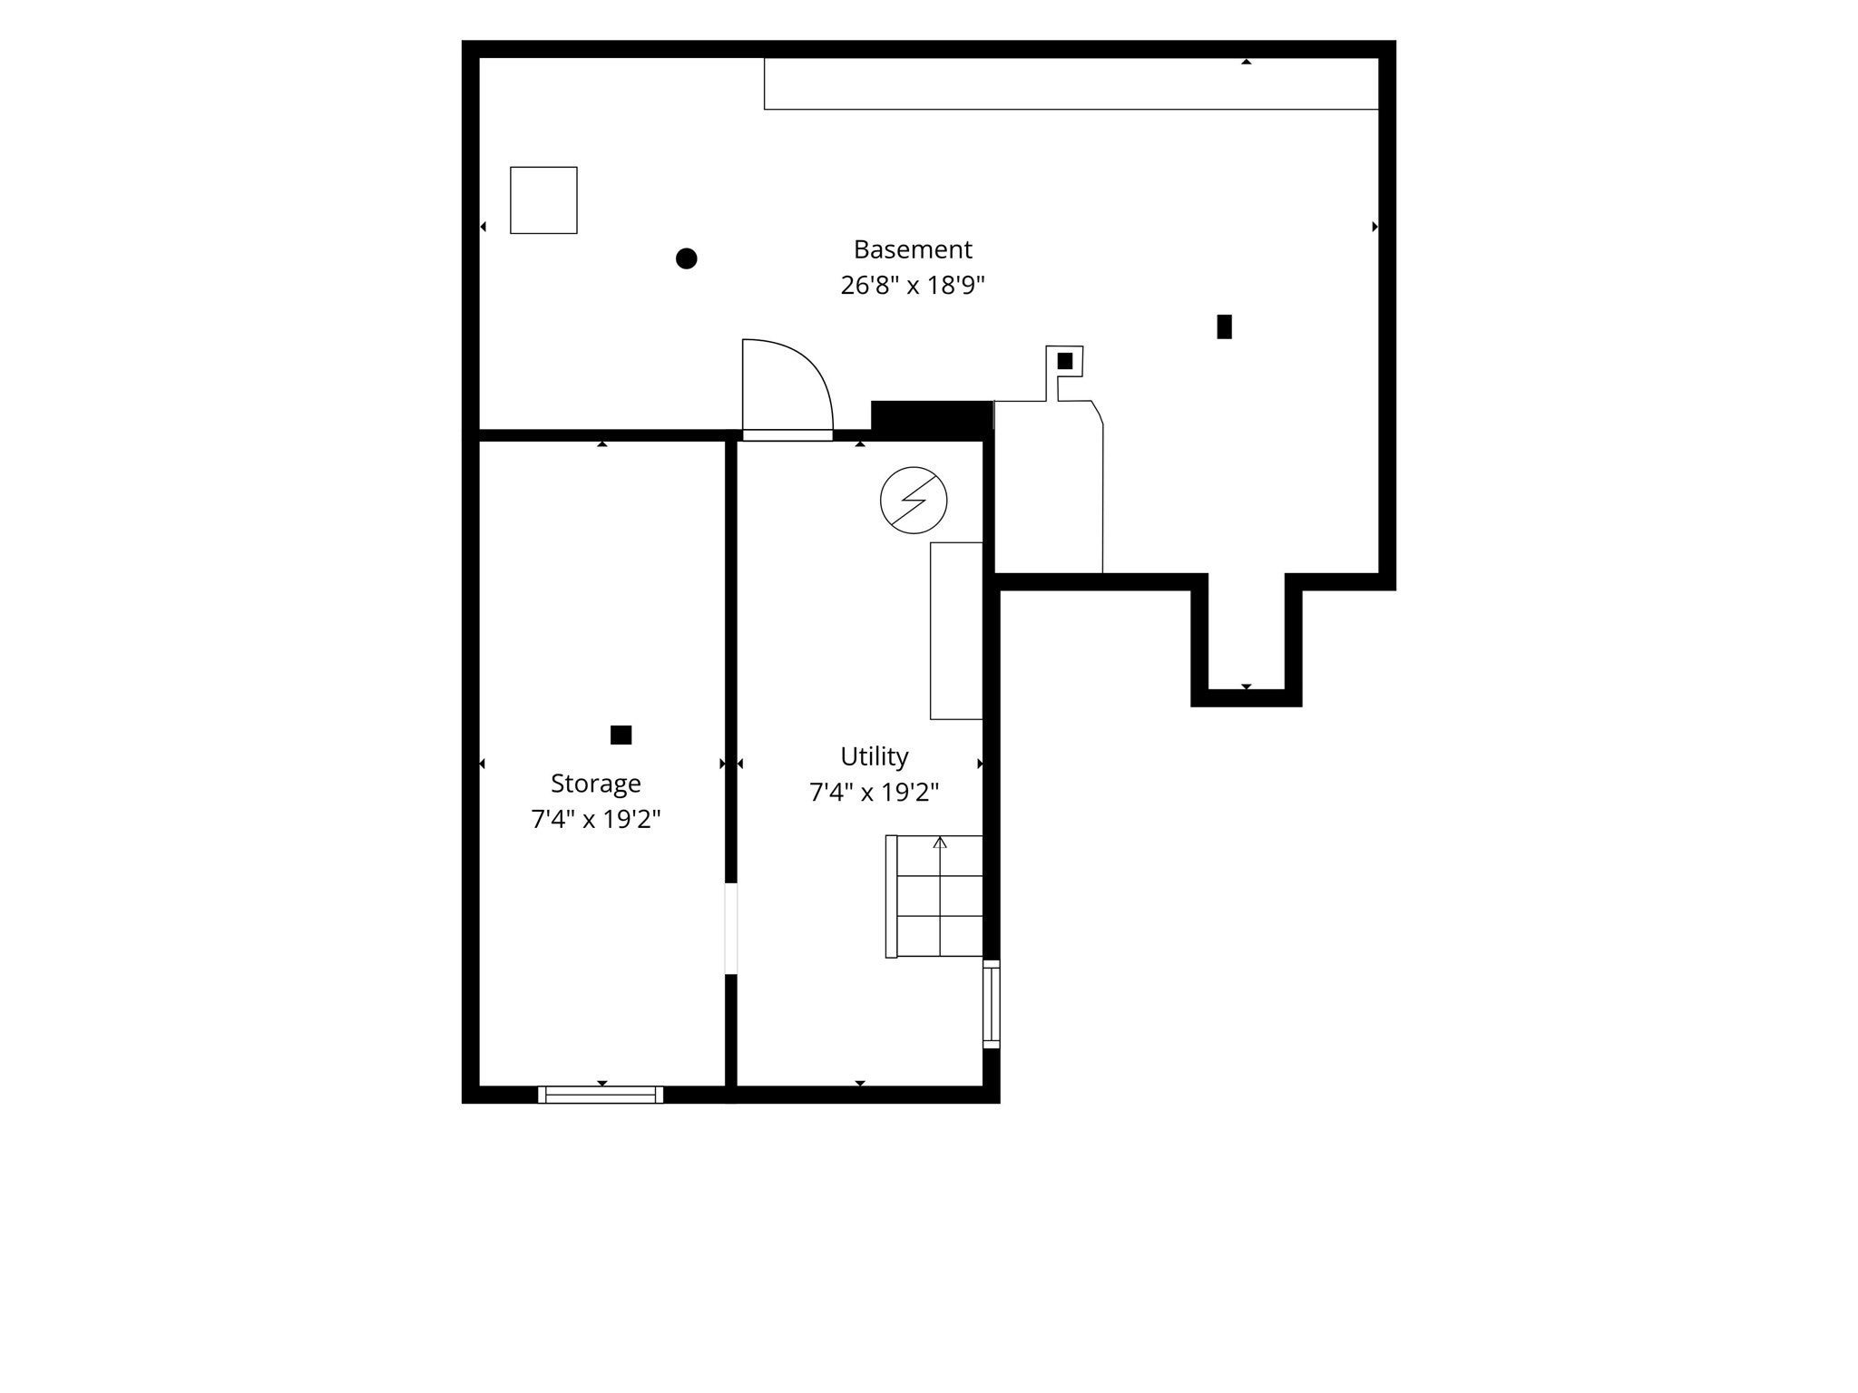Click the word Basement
(913, 248)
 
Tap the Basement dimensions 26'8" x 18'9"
(913, 286)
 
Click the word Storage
(595, 784)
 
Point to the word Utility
(874, 756)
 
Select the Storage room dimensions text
(595, 820)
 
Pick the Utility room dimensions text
(874, 793)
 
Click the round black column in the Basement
(687, 258)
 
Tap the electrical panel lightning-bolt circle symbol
(914, 501)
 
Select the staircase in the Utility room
(934, 896)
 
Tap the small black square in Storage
(621, 735)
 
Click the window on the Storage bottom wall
(601, 1095)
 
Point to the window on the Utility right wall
(992, 1004)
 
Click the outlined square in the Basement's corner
(543, 200)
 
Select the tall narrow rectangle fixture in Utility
(956, 631)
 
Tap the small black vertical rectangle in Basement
(1225, 326)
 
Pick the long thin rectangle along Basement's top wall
(1071, 83)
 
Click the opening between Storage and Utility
(731, 929)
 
